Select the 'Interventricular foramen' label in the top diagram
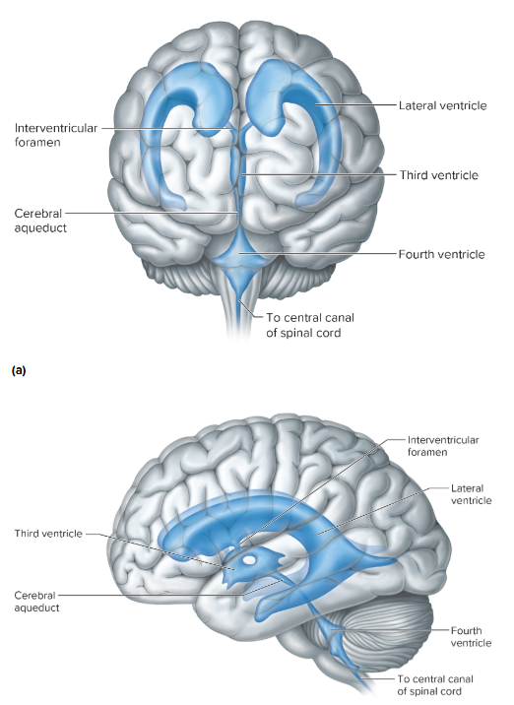[x=49, y=135]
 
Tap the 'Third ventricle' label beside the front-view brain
[x=438, y=175]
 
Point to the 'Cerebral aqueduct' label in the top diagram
[x=39, y=220]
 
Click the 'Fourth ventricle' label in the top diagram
[x=441, y=254]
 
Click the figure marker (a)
[x=17, y=371]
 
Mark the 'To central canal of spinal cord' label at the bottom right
[x=442, y=685]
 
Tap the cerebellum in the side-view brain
[x=394, y=630]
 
